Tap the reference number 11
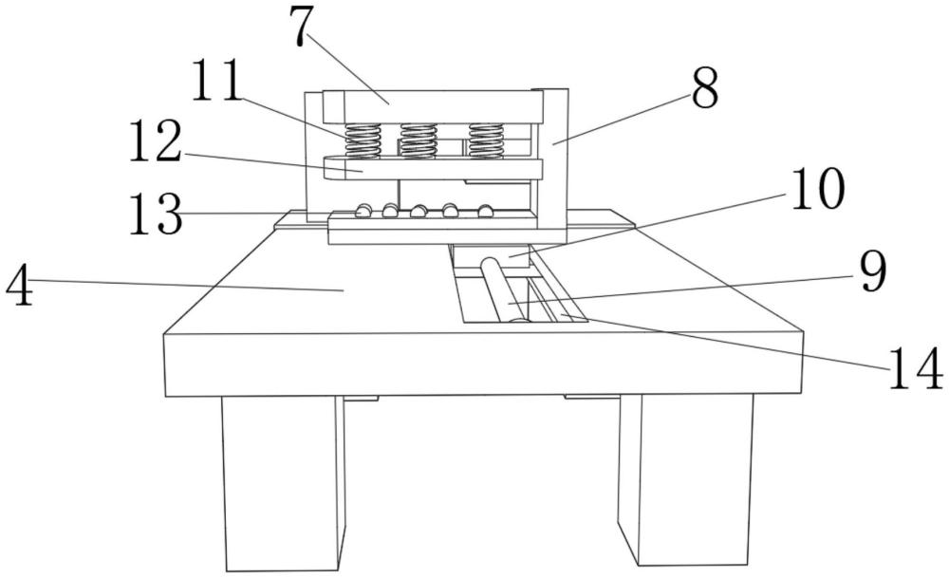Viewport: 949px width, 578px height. click(x=216, y=80)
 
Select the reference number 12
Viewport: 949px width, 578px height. click(x=156, y=140)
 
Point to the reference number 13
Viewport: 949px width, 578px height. click(x=156, y=214)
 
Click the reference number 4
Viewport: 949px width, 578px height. click(x=19, y=285)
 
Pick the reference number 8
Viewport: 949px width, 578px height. click(x=704, y=88)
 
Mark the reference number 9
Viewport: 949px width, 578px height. click(x=874, y=271)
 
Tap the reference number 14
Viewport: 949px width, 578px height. click(x=915, y=367)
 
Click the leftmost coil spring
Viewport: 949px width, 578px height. click(x=363, y=142)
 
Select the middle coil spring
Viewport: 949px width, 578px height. click(x=419, y=142)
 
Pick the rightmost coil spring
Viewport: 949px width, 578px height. click(x=486, y=142)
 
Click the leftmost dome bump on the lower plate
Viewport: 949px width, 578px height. click(x=363, y=210)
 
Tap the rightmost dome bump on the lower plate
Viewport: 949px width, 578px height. click(x=485, y=210)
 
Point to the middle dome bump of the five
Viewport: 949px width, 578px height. click(x=419, y=210)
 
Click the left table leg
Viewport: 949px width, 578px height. click(x=283, y=483)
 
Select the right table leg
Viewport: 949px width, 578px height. click(x=686, y=478)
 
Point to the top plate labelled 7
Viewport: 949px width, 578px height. click(x=434, y=106)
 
